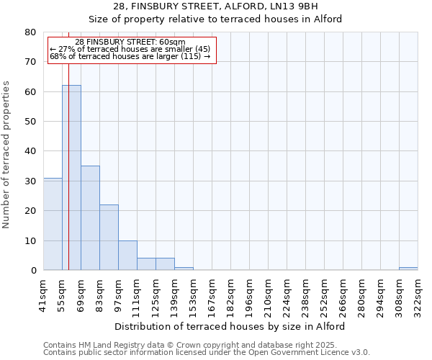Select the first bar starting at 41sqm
(53, 224)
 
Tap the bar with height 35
(90, 218)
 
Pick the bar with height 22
(109, 238)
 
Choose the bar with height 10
(127, 256)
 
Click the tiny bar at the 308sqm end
(408, 269)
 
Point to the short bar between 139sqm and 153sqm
(184, 269)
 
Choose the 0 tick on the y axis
(32, 271)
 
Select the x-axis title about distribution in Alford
(230, 326)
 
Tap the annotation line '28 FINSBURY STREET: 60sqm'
(130, 42)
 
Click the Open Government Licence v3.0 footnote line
(207, 353)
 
